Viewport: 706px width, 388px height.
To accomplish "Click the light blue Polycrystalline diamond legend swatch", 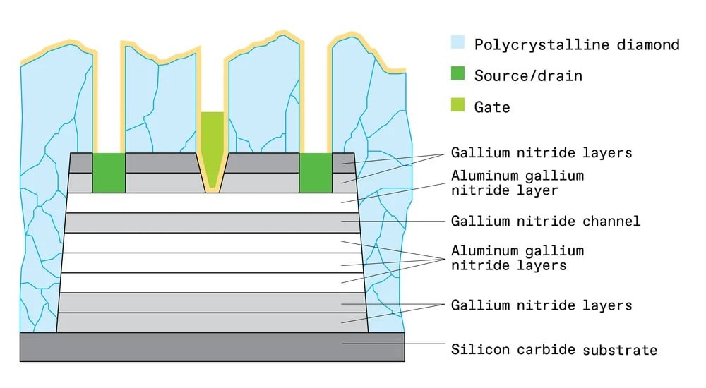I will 458,44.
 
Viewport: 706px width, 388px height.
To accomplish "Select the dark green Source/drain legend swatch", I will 458,75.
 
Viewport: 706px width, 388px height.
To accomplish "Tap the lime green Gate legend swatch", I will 458,106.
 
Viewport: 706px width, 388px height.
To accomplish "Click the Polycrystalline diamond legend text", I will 577,44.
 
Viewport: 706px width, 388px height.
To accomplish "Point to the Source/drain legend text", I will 528,75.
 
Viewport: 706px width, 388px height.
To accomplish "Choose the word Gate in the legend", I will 492,107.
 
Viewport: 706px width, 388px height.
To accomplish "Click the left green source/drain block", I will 109,172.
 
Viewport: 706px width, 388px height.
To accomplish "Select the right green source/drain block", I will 316,172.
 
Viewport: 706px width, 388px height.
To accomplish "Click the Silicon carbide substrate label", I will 554,350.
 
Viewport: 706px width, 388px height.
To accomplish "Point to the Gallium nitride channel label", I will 545,221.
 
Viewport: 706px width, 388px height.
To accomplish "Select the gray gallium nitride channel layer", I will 212,222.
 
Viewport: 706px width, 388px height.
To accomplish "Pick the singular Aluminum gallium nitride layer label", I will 517,182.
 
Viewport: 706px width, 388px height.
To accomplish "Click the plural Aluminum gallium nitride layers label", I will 517,257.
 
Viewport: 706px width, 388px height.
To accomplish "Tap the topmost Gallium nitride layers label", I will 541,152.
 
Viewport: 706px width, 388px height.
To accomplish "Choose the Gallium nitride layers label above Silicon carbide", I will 541,305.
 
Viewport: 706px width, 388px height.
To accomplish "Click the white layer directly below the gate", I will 212,202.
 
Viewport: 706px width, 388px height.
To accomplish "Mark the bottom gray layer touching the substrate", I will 212,323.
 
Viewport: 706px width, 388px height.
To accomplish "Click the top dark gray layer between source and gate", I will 161,162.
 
